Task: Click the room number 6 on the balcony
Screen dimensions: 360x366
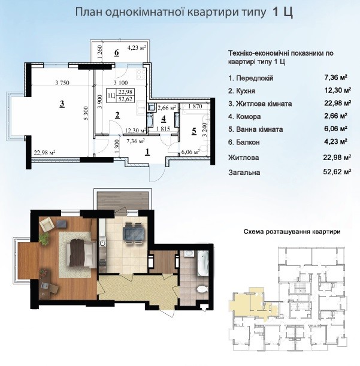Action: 116,53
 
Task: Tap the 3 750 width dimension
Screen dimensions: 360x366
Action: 62,83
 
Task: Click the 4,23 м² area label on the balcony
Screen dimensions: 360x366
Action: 137,48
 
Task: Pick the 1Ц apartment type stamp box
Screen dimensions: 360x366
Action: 120,95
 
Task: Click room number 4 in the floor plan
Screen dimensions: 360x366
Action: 164,119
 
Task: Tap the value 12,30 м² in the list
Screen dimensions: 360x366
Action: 338,90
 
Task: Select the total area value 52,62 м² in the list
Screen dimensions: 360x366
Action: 337,172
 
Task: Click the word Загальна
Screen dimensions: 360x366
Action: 244,173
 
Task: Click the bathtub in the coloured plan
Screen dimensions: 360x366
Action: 203,264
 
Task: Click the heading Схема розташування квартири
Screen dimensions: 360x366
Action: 292,232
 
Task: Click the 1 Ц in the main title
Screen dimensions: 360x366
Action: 283,12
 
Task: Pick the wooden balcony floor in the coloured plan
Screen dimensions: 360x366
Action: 123,201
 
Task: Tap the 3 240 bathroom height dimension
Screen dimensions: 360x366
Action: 205,130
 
